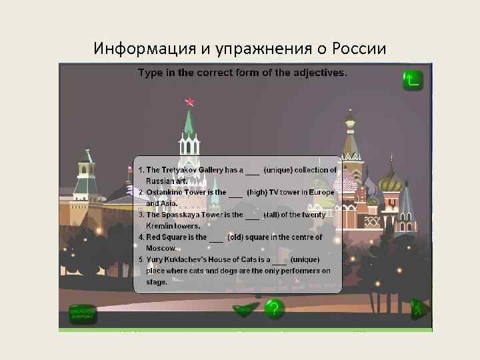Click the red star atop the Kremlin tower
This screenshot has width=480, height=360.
tap(190, 102)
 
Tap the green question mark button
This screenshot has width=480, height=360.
tap(273, 309)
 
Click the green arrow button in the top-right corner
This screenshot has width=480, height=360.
tap(413, 80)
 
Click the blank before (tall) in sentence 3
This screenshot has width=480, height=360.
tap(252, 215)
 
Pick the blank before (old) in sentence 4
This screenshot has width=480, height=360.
tap(216, 237)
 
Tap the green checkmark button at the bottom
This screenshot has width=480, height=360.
tap(245, 309)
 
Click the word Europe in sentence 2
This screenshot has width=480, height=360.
tap(321, 193)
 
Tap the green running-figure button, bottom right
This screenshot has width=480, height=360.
tap(419, 309)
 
